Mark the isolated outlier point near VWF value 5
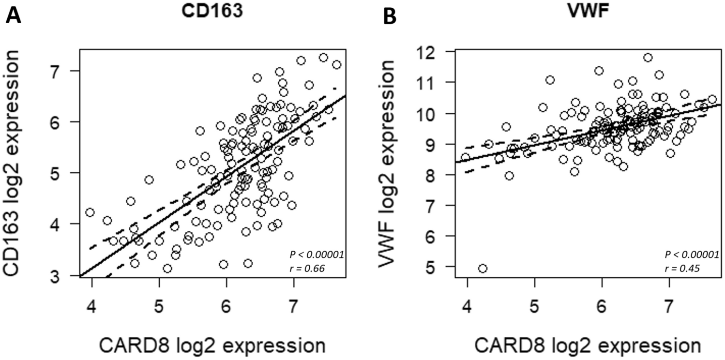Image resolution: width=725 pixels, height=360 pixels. coord(482,268)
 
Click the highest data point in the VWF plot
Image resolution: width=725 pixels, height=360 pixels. coord(648,58)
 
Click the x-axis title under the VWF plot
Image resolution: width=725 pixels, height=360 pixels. coord(587,345)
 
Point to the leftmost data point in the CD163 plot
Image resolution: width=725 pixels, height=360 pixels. coord(90,212)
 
